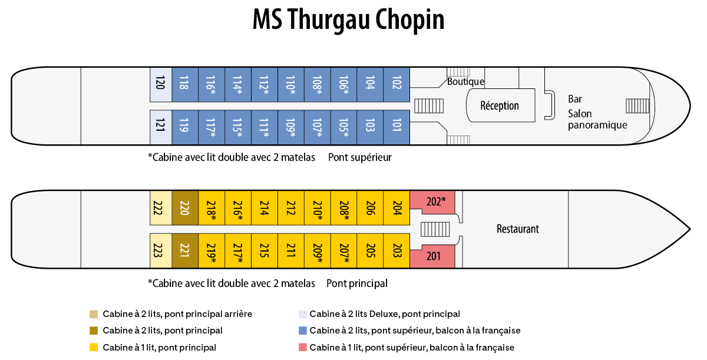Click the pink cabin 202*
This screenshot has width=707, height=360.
[x=435, y=201]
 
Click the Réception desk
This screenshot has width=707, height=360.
[x=500, y=106]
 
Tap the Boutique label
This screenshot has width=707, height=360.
[x=465, y=82]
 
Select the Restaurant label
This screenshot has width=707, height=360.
[x=517, y=229]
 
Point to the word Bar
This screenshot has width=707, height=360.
[x=575, y=99]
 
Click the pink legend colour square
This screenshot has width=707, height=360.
[x=302, y=348]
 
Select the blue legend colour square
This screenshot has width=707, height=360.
[x=302, y=331]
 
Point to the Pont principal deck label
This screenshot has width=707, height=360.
[x=356, y=283]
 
